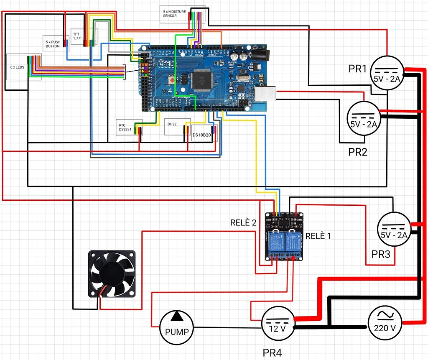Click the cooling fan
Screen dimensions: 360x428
pos(112,274)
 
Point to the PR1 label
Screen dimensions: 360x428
pos(357,69)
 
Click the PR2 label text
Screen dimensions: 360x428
pos(358,152)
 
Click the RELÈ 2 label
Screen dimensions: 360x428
pos(243,222)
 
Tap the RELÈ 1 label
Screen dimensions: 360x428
pos(318,236)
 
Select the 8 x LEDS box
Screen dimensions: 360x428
pos(18,66)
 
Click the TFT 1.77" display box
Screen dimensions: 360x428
pos(78,36)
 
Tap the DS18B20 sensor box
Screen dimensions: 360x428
pos(201,135)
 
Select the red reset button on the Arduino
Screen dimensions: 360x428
pos(172,80)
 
